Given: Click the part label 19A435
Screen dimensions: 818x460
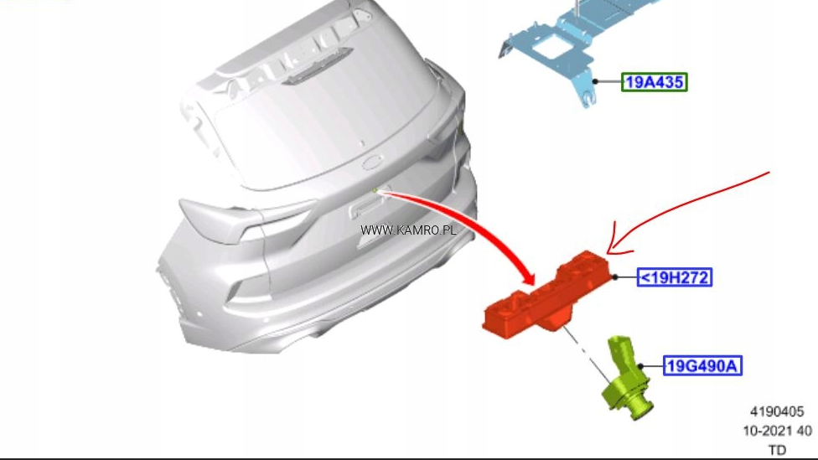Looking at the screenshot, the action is (655, 82).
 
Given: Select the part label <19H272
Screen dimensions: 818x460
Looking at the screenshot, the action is (675, 277).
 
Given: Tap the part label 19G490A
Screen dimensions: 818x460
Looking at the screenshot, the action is (702, 365).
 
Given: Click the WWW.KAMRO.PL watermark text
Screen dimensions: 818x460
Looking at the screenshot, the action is (408, 230).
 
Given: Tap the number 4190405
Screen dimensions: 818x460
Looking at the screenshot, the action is (777, 412).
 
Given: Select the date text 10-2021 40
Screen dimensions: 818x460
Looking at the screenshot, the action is (777, 431).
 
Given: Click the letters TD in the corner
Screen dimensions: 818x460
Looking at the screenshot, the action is (777, 450).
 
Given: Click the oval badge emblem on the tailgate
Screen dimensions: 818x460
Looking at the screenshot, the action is (372, 163).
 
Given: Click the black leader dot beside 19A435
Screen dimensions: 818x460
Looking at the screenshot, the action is (595, 81).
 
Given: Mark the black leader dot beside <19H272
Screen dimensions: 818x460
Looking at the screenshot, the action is (615, 277).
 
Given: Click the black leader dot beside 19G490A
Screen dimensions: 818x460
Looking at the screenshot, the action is (641, 366).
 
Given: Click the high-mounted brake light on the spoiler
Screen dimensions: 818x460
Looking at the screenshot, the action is (317, 65).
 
